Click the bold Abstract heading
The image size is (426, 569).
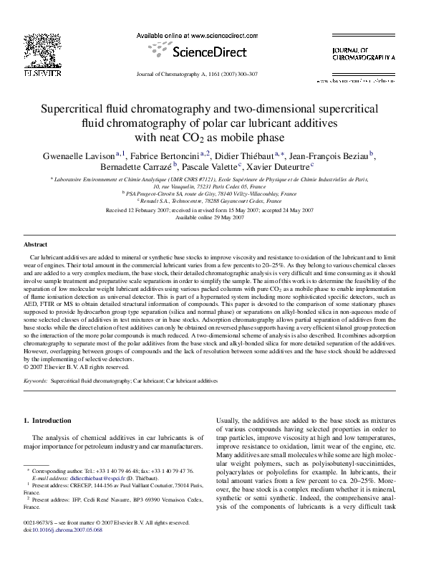(x=36, y=244)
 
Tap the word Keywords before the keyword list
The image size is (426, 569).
(x=35, y=382)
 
